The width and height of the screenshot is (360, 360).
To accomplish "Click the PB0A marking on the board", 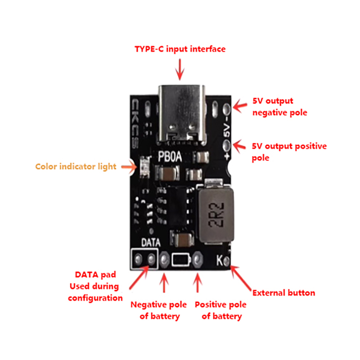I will pos(170,157).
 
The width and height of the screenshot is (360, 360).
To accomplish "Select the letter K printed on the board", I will pos(219,261).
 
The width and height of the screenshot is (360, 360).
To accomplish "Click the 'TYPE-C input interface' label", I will pos(180,49).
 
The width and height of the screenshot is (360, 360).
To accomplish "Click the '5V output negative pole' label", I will pos(279,107).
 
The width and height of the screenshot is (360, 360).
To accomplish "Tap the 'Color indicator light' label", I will pos(76,166).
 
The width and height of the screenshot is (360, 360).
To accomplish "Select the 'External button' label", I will pos(283,293).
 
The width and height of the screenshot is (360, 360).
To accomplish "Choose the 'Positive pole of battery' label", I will pos(220,310).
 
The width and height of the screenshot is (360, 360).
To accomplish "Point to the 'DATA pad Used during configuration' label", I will pos(95,286).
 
